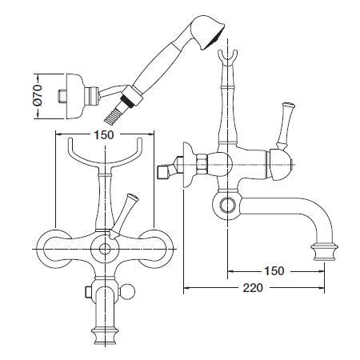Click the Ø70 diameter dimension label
tap(38, 95)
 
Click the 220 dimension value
tap(253, 288)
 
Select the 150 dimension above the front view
tap(104, 135)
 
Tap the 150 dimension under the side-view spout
tap(274, 271)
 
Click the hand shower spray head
tap(207, 33)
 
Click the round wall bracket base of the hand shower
tap(74, 96)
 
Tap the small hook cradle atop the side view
tap(227, 57)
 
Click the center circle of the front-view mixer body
tap(105, 249)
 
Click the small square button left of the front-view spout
tap(90, 292)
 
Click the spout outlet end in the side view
tap(324, 251)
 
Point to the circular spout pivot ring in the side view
tap(227, 206)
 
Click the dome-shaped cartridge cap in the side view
tap(281, 166)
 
